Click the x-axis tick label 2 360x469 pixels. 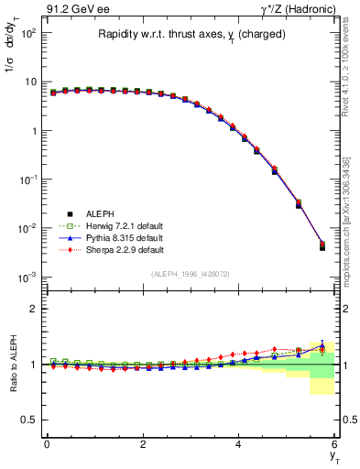point(143,443)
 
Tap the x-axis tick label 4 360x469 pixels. point(239,443)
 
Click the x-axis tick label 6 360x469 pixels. point(335,443)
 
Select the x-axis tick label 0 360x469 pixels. point(47,443)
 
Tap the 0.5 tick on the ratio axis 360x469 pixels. point(33,420)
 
